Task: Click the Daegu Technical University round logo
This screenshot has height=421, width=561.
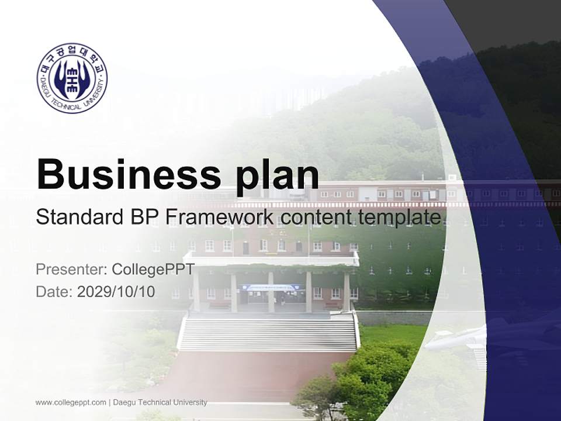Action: click(72, 78)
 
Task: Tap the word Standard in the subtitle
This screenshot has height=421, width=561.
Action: click(79, 218)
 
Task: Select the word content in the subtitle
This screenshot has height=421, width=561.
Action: click(314, 218)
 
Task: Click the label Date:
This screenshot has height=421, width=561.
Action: click(54, 291)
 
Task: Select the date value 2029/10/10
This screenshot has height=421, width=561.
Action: click(116, 291)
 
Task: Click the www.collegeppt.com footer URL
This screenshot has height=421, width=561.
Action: click(71, 402)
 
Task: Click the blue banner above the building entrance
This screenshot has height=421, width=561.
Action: click(271, 288)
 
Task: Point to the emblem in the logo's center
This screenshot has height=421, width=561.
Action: click(72, 78)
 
